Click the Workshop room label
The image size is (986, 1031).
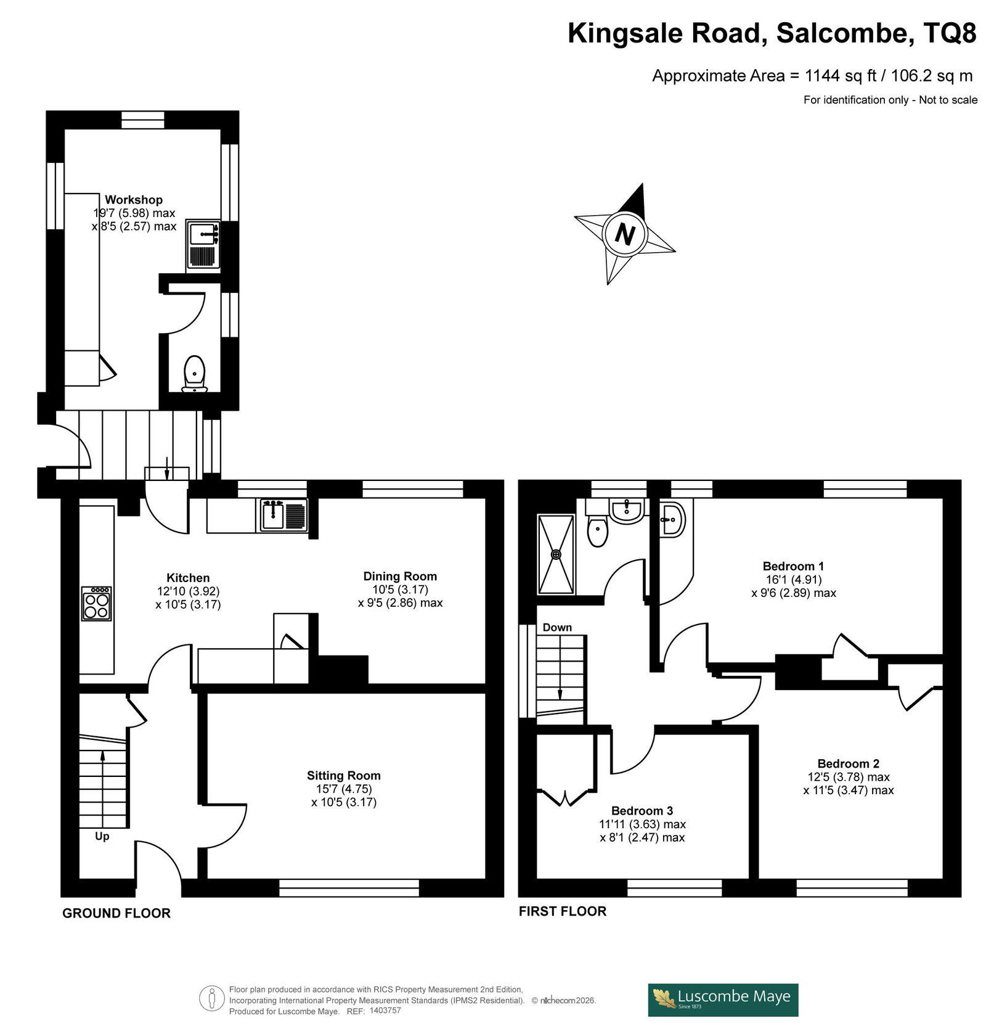134,200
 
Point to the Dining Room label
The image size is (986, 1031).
400,577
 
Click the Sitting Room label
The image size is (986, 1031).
344,776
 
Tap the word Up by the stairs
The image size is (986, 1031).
102,837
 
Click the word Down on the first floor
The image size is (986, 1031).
557,628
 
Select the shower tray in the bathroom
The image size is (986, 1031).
556,554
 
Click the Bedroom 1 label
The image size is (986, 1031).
793,566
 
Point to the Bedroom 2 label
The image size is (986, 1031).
849,763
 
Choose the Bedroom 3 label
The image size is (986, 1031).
642,811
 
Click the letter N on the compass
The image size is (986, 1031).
625,235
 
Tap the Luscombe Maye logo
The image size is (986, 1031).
723,1000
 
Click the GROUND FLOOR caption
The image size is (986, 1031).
116,913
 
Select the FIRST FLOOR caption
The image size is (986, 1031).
563,911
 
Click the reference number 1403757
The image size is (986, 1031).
385,1011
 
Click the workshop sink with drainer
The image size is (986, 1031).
203,244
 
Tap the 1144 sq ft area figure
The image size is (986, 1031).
841,76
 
